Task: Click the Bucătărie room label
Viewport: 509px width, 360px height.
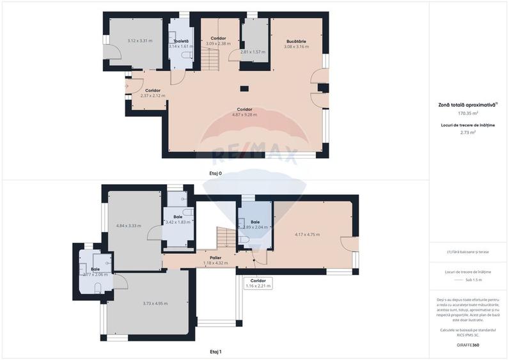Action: coord(296,42)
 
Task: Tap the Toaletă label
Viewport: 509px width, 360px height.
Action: coord(180,41)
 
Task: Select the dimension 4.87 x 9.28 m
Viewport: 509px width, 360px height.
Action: coord(244,115)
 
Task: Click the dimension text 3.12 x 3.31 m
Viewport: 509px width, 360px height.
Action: coord(140,41)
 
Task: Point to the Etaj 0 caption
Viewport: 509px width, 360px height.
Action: coord(215,173)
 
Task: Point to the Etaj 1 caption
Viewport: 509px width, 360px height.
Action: coord(215,352)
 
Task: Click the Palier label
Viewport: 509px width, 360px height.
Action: coord(215,257)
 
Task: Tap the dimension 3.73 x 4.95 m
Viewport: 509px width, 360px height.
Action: coord(155,303)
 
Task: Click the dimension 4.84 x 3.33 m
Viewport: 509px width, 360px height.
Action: coord(129,226)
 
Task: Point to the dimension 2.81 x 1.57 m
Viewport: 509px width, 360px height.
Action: coord(253,52)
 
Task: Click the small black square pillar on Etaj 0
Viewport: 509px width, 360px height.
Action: coord(244,88)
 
